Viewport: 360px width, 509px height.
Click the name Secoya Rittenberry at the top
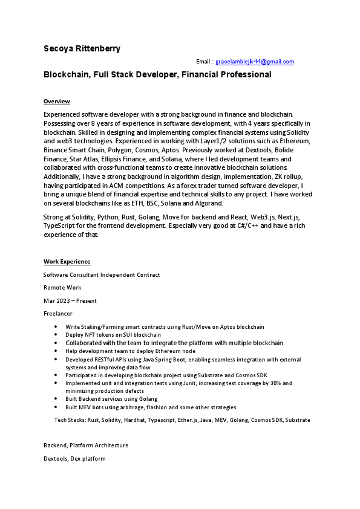click(x=82, y=48)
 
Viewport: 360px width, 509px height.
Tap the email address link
click(x=255, y=62)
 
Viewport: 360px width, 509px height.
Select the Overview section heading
click(x=57, y=101)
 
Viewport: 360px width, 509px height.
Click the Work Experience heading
click(x=67, y=261)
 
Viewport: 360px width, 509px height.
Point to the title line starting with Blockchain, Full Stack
click(x=157, y=75)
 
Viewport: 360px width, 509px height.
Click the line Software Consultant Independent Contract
click(x=102, y=274)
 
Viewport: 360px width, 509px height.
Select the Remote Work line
click(x=62, y=288)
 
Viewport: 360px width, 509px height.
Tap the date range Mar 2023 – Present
click(x=70, y=300)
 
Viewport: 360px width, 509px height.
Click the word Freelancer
click(x=58, y=314)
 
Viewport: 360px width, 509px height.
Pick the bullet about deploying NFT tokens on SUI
click(x=113, y=334)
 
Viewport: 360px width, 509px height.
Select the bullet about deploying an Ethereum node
click(x=130, y=351)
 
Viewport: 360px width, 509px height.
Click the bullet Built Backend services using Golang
click(x=111, y=399)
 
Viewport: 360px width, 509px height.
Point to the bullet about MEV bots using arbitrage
click(x=151, y=407)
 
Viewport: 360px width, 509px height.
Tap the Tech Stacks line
click(x=182, y=420)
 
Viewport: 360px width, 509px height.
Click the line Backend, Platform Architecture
click(x=86, y=446)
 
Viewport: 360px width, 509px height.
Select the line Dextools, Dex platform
click(x=74, y=459)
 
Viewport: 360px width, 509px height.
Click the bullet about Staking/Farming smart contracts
click(x=165, y=326)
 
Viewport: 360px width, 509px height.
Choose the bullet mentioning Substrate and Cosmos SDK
click(x=166, y=375)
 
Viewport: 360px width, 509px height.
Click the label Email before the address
click(x=203, y=62)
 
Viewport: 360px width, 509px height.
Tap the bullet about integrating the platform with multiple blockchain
click(x=174, y=343)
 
